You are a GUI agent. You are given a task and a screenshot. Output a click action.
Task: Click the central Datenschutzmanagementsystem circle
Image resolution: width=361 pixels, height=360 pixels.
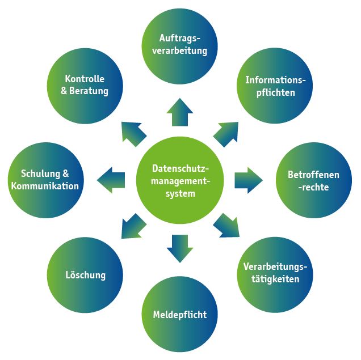pos(181,181)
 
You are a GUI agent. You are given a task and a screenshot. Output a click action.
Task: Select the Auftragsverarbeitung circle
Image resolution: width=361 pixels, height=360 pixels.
pos(180,44)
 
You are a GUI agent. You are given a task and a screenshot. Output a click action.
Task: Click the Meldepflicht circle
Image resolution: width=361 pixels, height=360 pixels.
pos(180,314)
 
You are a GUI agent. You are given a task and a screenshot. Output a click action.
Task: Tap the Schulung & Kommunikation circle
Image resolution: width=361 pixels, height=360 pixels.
pos(45,180)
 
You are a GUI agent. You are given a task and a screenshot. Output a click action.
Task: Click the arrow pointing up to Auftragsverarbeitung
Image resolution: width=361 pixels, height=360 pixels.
pos(180,111)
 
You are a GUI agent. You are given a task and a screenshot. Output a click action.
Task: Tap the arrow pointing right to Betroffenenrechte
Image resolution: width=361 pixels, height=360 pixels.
pos(248,180)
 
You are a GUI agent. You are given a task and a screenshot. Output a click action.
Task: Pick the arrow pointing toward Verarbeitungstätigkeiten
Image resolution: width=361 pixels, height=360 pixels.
pos(227,226)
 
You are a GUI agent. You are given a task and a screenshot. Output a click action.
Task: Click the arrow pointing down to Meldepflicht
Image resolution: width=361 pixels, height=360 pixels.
pos(180,248)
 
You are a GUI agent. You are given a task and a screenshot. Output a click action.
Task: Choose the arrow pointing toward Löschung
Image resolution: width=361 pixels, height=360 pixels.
pos(134,225)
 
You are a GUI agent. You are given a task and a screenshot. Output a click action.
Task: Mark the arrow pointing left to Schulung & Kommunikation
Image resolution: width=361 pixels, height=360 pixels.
pos(111,180)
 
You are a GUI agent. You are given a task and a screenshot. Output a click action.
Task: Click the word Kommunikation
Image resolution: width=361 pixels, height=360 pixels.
pos(45,186)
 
